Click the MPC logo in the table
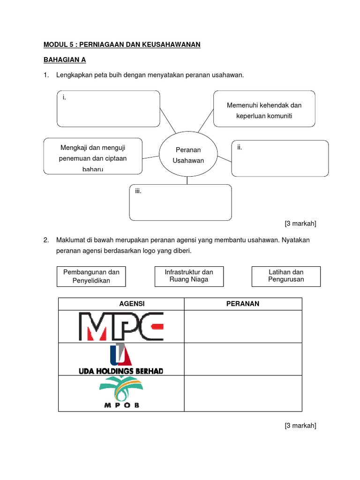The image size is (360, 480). pyautogui.click(x=121, y=326)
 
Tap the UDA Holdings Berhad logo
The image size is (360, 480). pyautogui.click(x=121, y=359)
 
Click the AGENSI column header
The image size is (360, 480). pyautogui.click(x=132, y=304)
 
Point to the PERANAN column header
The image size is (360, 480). pyautogui.click(x=243, y=304)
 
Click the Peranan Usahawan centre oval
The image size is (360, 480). pyautogui.click(x=188, y=155)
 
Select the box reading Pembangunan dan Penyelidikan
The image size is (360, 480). pyautogui.click(x=91, y=277)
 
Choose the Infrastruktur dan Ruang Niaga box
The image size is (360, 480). pyautogui.click(x=189, y=276)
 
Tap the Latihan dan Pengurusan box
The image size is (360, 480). pyautogui.click(x=286, y=276)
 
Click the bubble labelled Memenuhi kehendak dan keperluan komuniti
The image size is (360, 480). pyautogui.click(x=264, y=109)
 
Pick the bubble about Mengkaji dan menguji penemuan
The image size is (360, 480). pyautogui.click(x=93, y=155)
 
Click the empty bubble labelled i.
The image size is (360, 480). pyautogui.click(x=109, y=109)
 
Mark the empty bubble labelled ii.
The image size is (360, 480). pyautogui.click(x=280, y=158)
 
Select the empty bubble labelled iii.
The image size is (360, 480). pyautogui.click(x=180, y=202)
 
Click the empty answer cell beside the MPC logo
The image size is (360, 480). pyautogui.click(x=243, y=326)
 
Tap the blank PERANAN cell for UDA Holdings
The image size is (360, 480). pyautogui.click(x=243, y=359)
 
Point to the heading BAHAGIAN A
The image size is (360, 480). pyautogui.click(x=65, y=60)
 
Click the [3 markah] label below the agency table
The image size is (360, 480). pyautogui.click(x=300, y=426)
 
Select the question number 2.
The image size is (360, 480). pyautogui.click(x=46, y=240)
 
